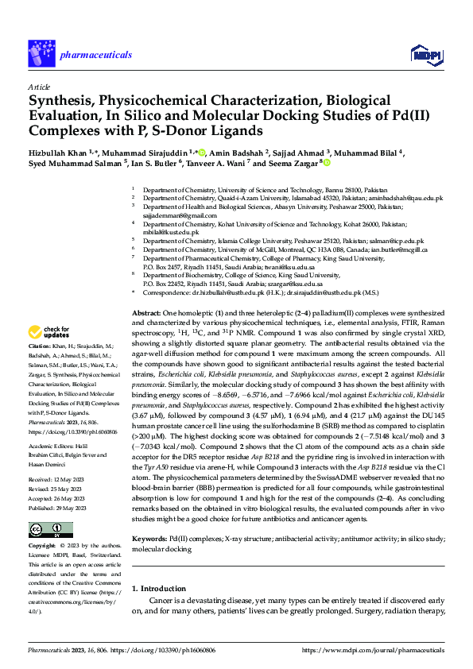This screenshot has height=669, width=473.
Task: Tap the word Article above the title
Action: [x=39, y=86]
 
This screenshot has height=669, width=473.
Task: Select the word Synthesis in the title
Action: [x=62, y=101]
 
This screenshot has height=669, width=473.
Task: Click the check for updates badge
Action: [x=50, y=354]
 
